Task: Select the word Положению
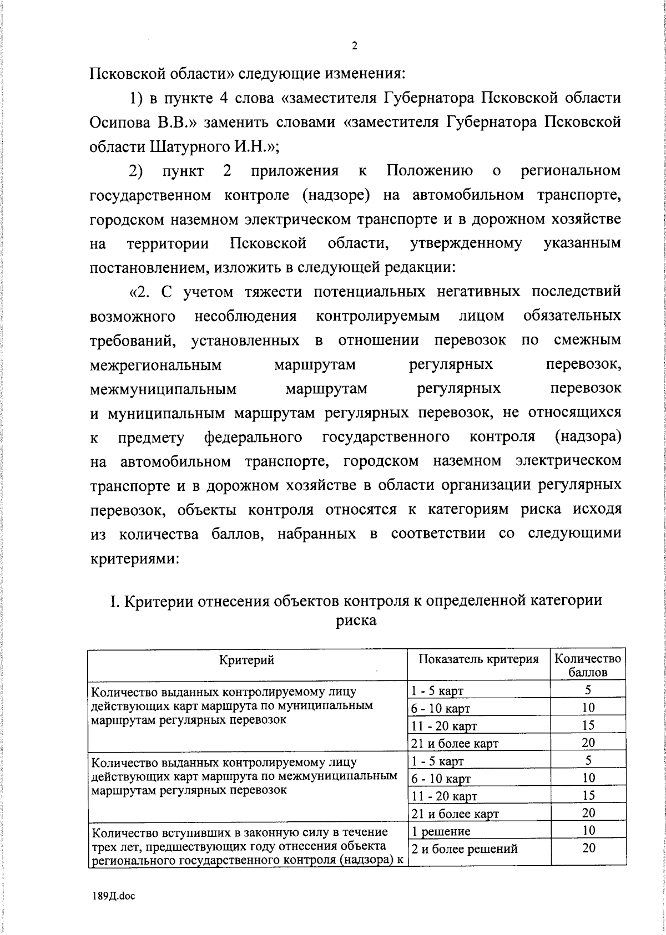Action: click(430, 171)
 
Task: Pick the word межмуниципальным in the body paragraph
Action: click(163, 389)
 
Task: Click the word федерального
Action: click(253, 438)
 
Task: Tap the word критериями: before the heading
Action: click(134, 558)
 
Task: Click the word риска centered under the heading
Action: click(356, 620)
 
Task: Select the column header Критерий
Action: click(247, 659)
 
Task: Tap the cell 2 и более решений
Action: click(464, 848)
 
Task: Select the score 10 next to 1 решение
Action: click(588, 830)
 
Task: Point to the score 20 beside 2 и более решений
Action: click(588, 848)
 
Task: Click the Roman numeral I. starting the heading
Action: click(113, 601)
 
